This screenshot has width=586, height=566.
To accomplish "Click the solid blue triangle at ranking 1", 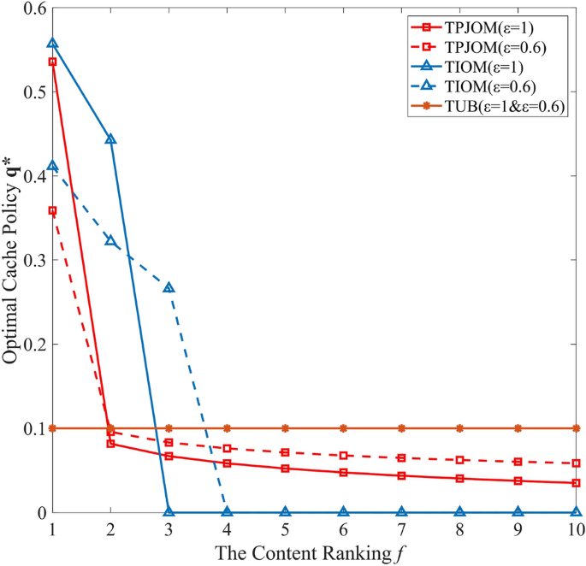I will [x=52, y=43].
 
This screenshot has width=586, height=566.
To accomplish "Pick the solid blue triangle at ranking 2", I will [x=110, y=139].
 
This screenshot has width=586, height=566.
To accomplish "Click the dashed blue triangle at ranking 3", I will [x=169, y=287].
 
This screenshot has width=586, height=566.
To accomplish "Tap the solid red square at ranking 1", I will [x=52, y=62].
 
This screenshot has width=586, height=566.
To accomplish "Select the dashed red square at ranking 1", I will [x=52, y=210].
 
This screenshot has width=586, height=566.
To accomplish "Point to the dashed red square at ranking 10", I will [x=576, y=463].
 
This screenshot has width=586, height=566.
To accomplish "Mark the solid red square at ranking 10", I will [x=576, y=483].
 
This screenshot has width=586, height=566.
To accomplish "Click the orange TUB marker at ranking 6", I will [x=343, y=427].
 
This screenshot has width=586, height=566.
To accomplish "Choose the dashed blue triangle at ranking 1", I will [x=52, y=166].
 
